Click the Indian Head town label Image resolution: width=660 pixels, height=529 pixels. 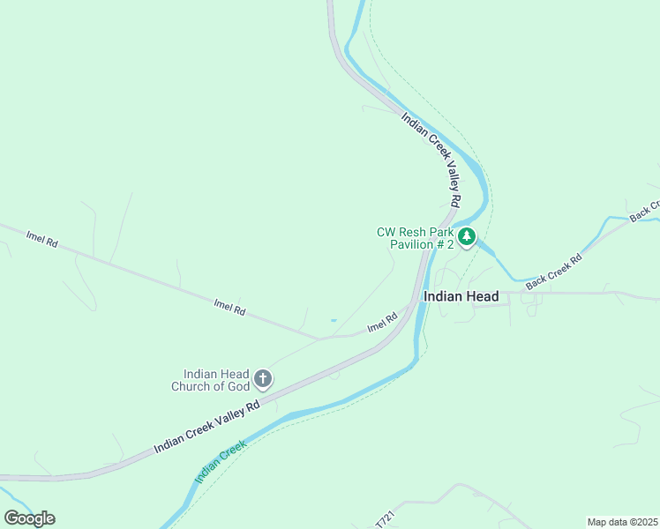pyautogui.click(x=461, y=297)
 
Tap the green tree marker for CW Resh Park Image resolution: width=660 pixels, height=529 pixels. pyautogui.click(x=467, y=236)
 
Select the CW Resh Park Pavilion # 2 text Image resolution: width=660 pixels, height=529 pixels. pyautogui.click(x=415, y=238)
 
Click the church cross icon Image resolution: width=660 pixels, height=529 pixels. pyautogui.click(x=262, y=379)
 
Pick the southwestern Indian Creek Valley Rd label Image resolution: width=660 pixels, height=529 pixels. pyautogui.click(x=206, y=427)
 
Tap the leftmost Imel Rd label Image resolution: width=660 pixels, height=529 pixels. pyautogui.click(x=41, y=238)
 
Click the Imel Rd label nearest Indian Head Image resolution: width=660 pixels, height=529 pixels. pyautogui.click(x=382, y=324)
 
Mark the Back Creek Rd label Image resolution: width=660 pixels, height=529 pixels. pyautogui.click(x=554, y=272)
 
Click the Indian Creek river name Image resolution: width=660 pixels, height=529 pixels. pyautogui.click(x=219, y=464)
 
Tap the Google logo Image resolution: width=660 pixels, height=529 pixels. pyautogui.click(x=29, y=518)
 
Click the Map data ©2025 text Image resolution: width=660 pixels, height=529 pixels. pyautogui.click(x=622, y=522)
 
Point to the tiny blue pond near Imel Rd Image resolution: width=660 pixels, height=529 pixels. pyautogui.click(x=333, y=320)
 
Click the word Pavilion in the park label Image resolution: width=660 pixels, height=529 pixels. pyautogui.click(x=412, y=244)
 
